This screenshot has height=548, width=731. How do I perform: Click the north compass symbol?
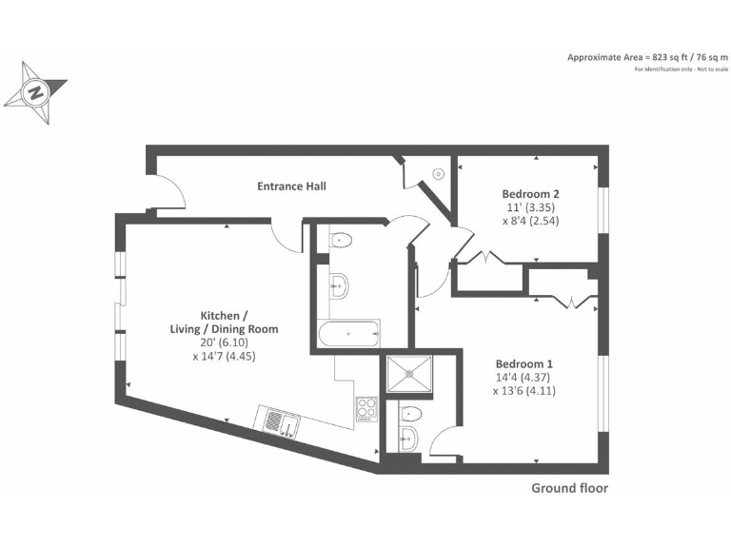[34, 91]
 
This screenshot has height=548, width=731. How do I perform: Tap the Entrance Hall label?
[291, 186]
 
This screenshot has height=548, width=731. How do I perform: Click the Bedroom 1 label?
[524, 363]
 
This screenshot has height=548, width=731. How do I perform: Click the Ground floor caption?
[568, 489]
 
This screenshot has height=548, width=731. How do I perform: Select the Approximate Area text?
[646, 57]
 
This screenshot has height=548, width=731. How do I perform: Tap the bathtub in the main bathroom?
[347, 333]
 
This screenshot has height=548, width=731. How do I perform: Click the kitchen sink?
[280, 420]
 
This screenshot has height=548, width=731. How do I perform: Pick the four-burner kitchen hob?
[366, 410]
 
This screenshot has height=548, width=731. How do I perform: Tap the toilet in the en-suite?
[410, 413]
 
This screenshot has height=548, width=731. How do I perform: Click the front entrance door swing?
[169, 192]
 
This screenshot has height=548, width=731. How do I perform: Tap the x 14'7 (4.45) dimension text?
[224, 356]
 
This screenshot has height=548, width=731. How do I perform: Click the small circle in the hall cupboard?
[438, 173]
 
